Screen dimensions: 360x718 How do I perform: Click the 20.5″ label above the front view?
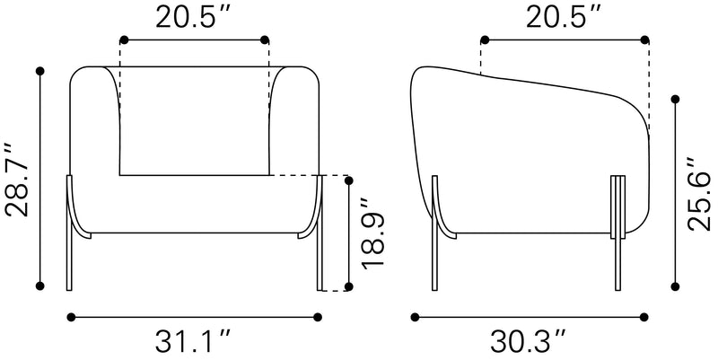tap(195, 16)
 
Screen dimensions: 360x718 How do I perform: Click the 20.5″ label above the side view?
tap(562, 16)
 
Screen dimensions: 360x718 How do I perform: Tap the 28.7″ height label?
tap(19, 179)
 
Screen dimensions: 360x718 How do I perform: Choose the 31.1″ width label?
tap(195, 341)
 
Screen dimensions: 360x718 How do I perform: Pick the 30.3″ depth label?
tap(530, 341)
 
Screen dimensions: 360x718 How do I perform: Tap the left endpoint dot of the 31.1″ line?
tap(70, 316)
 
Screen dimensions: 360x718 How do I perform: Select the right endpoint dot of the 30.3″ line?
tap(646, 316)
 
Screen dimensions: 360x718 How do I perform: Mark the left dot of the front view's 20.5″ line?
tap(122, 40)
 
